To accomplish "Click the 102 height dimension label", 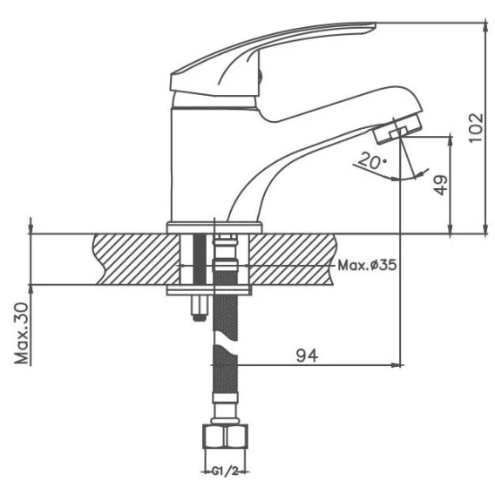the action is (476, 127).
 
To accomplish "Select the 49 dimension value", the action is (441, 185).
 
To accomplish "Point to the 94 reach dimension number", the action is (307, 356).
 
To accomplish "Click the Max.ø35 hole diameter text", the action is (367, 265).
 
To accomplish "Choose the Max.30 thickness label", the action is (22, 334).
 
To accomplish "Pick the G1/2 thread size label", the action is (225, 472).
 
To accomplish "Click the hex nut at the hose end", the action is (225, 436).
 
